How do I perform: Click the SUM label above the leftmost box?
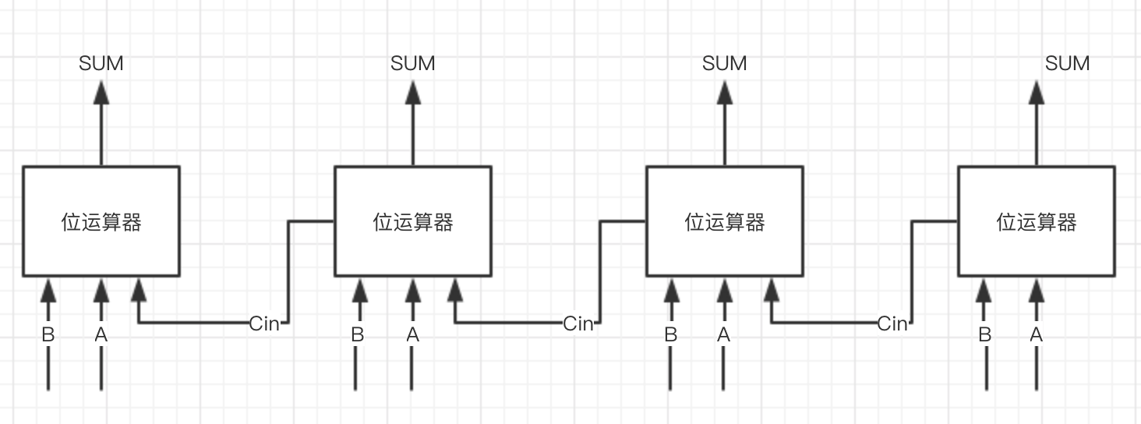[101, 63]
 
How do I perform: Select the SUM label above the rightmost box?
[1067, 63]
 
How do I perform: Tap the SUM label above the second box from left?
[413, 63]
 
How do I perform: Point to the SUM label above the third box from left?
[725, 63]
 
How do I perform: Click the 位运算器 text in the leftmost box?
[101, 222]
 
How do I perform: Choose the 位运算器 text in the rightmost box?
[1037, 222]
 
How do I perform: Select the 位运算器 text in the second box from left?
[413, 222]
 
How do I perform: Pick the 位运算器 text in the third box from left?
[725, 222]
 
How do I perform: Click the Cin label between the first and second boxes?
[264, 323]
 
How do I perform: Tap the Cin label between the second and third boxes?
[578, 323]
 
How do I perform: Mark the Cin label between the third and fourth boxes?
[892, 323]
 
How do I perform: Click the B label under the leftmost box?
[48, 335]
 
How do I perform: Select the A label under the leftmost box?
[101, 335]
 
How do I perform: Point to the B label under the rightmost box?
[984, 335]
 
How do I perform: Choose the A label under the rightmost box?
[1036, 335]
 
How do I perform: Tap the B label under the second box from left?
[358, 335]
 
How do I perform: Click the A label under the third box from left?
[724, 335]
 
